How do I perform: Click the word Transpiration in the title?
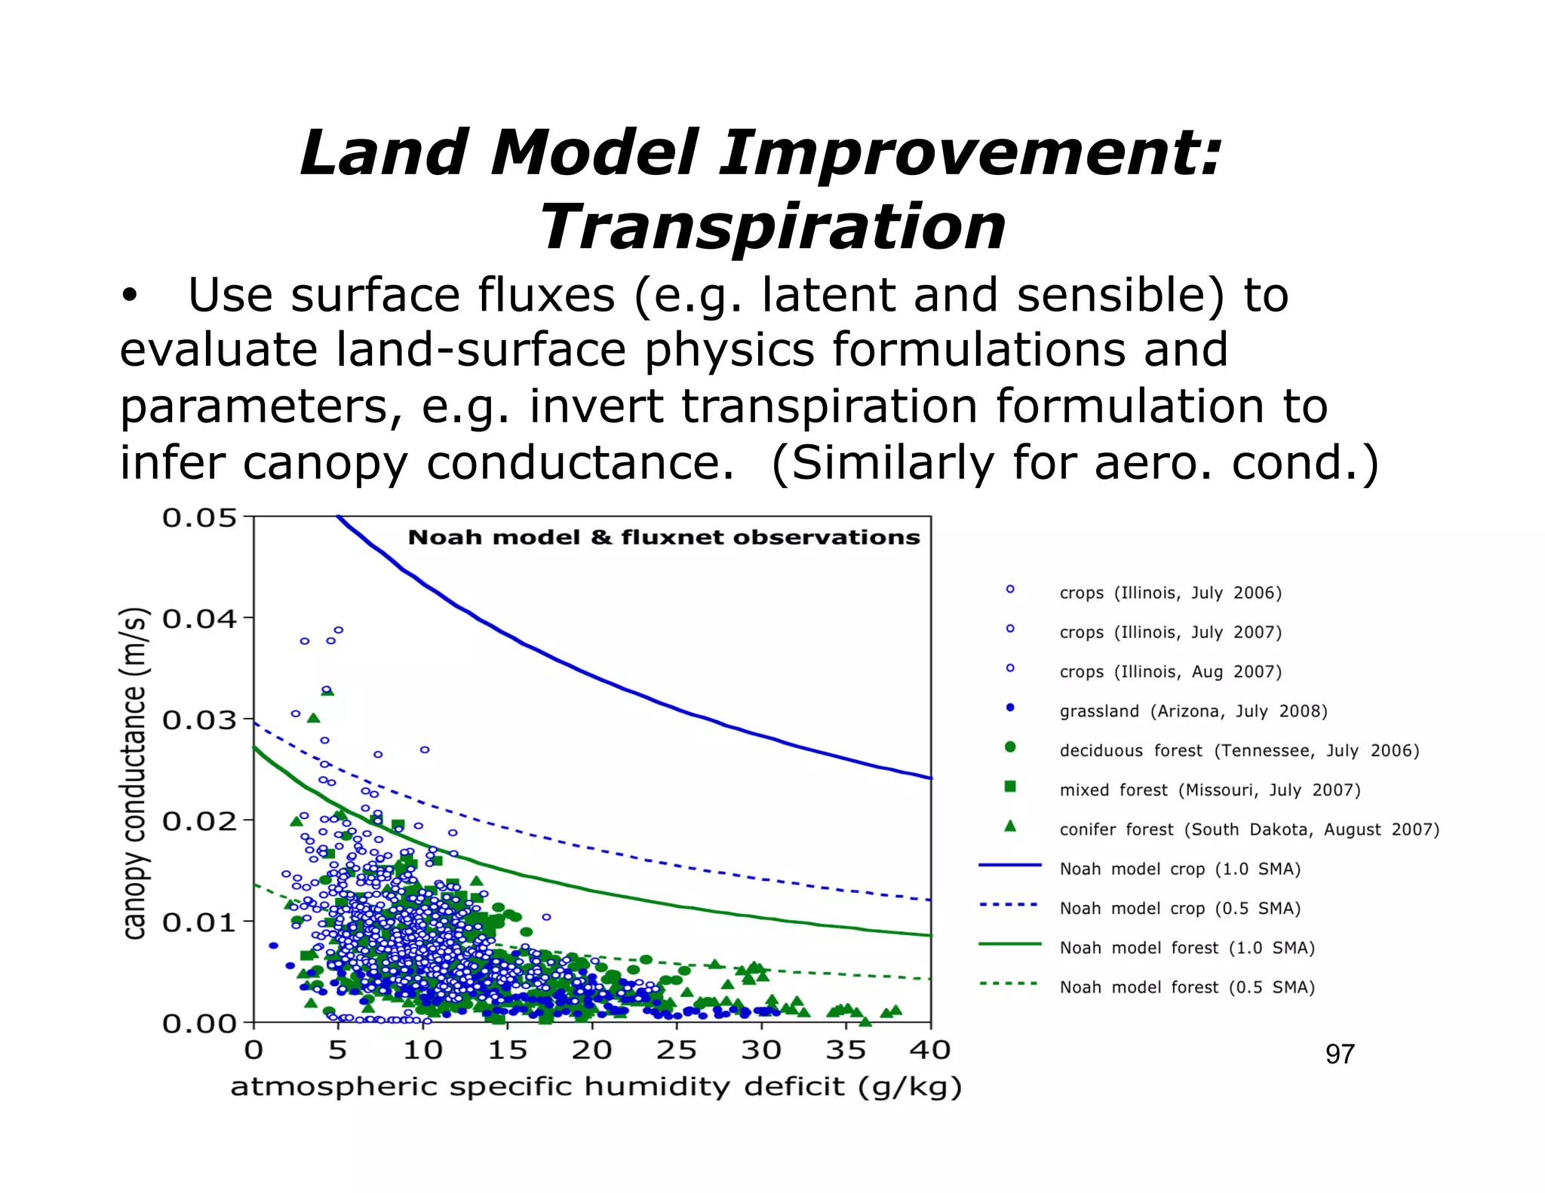772,228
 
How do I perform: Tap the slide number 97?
1340,1053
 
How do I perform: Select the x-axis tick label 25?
676,1049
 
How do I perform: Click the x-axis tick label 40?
929,1049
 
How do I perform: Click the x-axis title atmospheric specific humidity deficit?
596,1087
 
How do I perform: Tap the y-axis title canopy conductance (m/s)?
134,773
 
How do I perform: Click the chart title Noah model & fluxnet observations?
664,537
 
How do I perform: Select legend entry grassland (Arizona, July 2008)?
1193,711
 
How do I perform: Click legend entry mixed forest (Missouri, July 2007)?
1209,790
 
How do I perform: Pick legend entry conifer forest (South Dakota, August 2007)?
1249,830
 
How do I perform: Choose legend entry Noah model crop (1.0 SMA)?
1179,869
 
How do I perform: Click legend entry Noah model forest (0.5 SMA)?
1187,987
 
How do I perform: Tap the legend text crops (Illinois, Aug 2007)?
1170,672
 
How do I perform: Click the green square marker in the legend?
1010,787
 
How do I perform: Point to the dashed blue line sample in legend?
1009,904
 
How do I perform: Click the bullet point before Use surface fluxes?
130,296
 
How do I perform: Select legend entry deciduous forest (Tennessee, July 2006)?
1239,750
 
